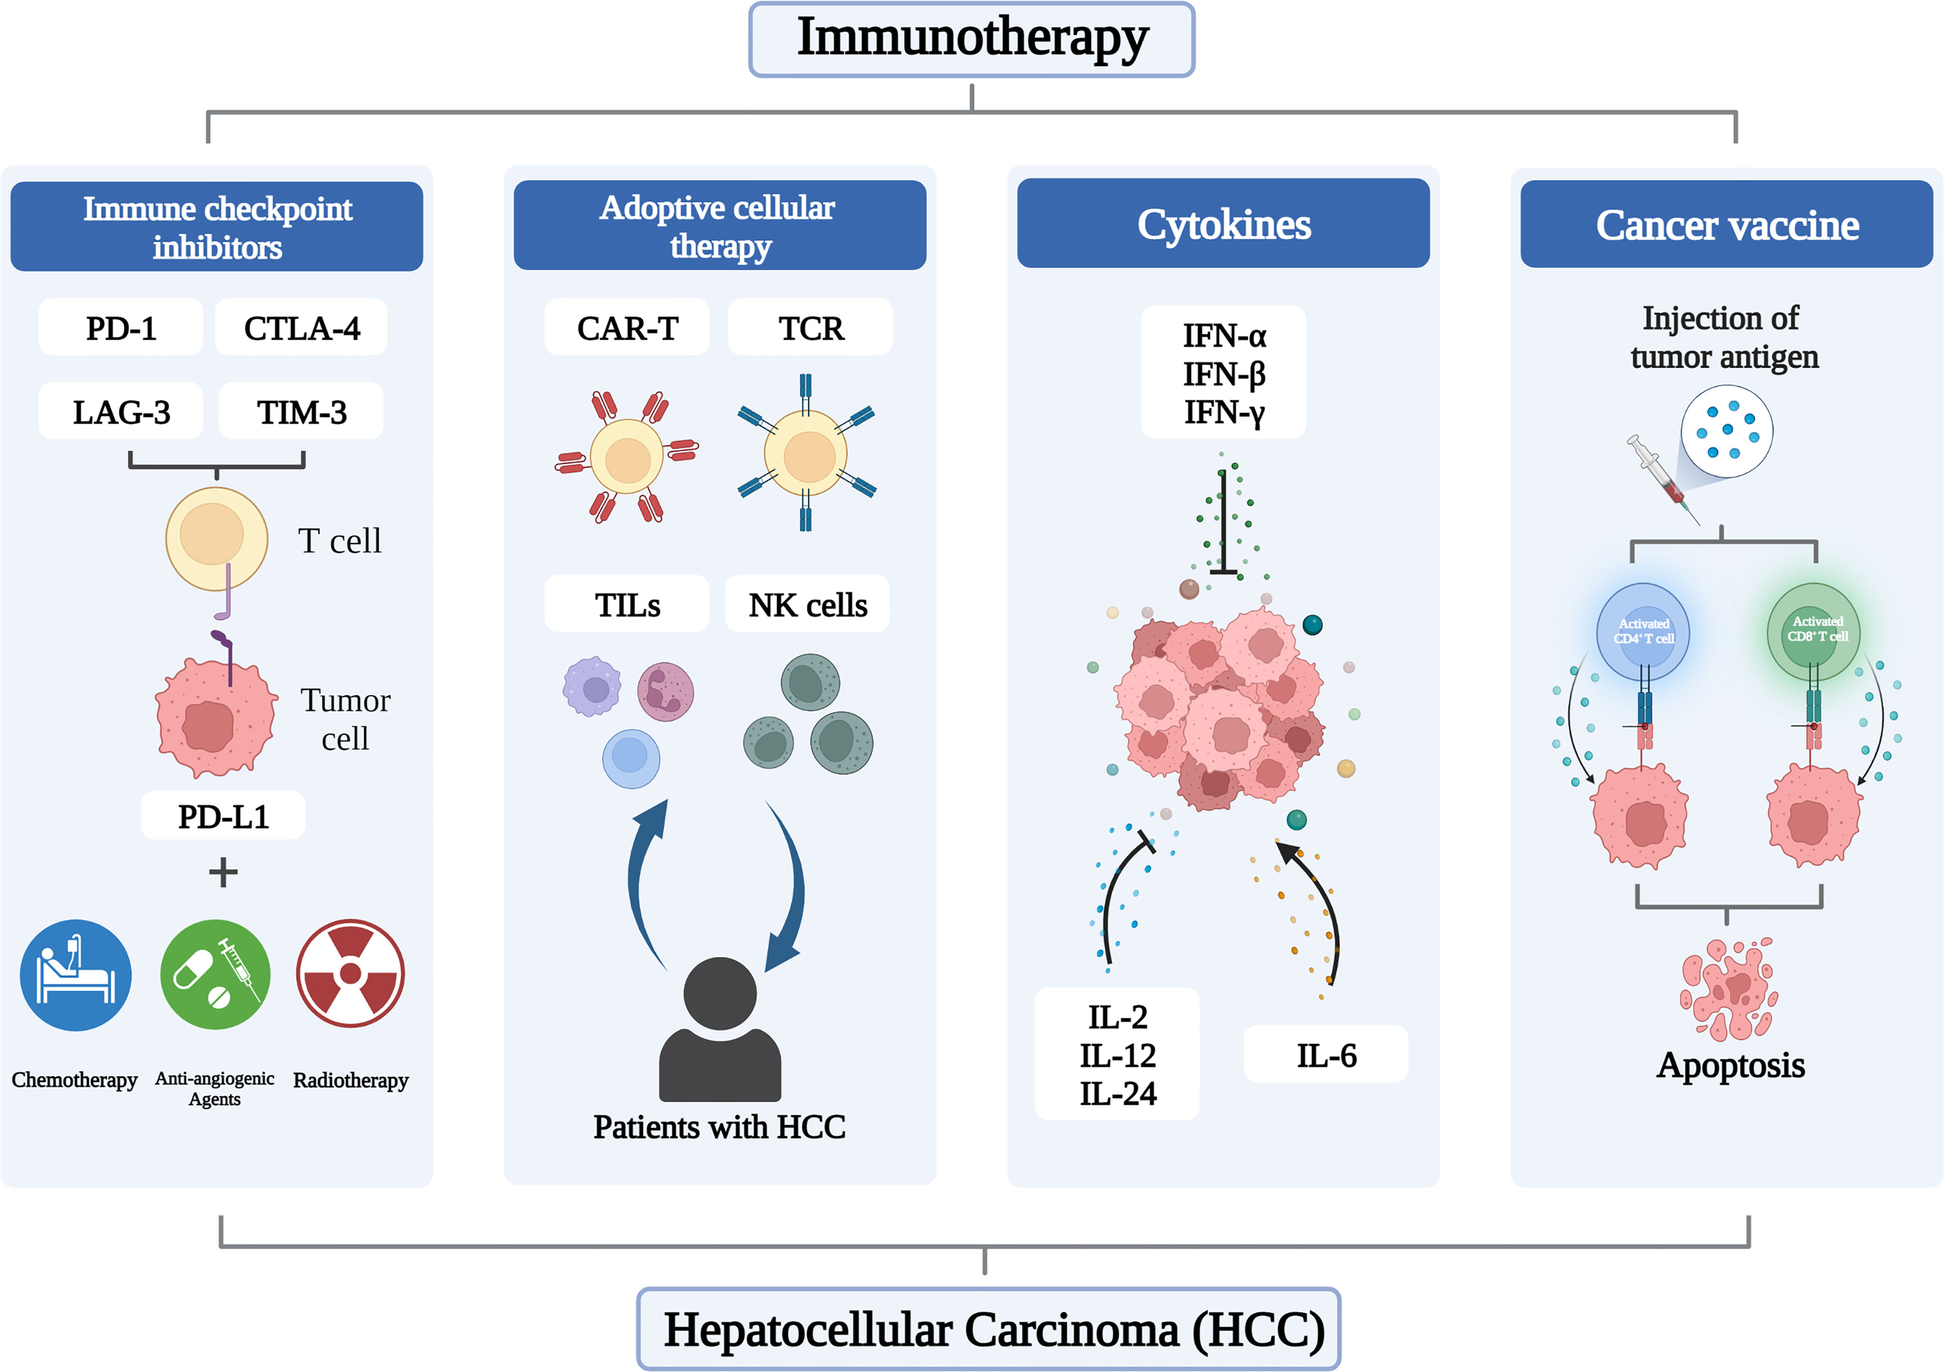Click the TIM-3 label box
click(301, 412)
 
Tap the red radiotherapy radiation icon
click(351, 974)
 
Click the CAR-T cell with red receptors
click(627, 457)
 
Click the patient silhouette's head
click(720, 993)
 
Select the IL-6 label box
click(1326, 1054)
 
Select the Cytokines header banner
click(1224, 223)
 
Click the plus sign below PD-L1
click(223, 872)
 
